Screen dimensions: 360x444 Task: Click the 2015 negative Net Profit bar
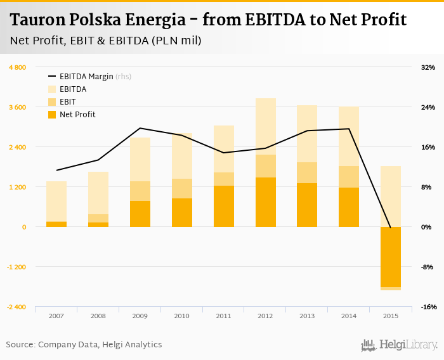(x=391, y=257)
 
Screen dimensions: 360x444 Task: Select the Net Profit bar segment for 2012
(x=265, y=202)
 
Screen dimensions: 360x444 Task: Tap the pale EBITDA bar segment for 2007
(x=56, y=201)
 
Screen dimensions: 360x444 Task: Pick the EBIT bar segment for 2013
(x=307, y=172)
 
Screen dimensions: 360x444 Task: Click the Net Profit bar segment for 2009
(x=140, y=214)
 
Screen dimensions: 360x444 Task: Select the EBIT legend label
(x=69, y=102)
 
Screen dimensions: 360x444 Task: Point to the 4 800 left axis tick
(x=17, y=67)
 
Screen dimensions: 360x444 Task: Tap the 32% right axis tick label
(x=428, y=67)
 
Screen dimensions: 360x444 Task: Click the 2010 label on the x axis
(x=181, y=315)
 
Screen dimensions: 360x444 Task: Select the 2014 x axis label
(x=349, y=315)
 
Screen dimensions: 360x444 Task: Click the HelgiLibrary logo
(x=400, y=345)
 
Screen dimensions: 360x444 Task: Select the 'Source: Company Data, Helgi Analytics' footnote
(x=84, y=344)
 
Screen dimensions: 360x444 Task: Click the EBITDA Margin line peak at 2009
(x=140, y=128)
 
